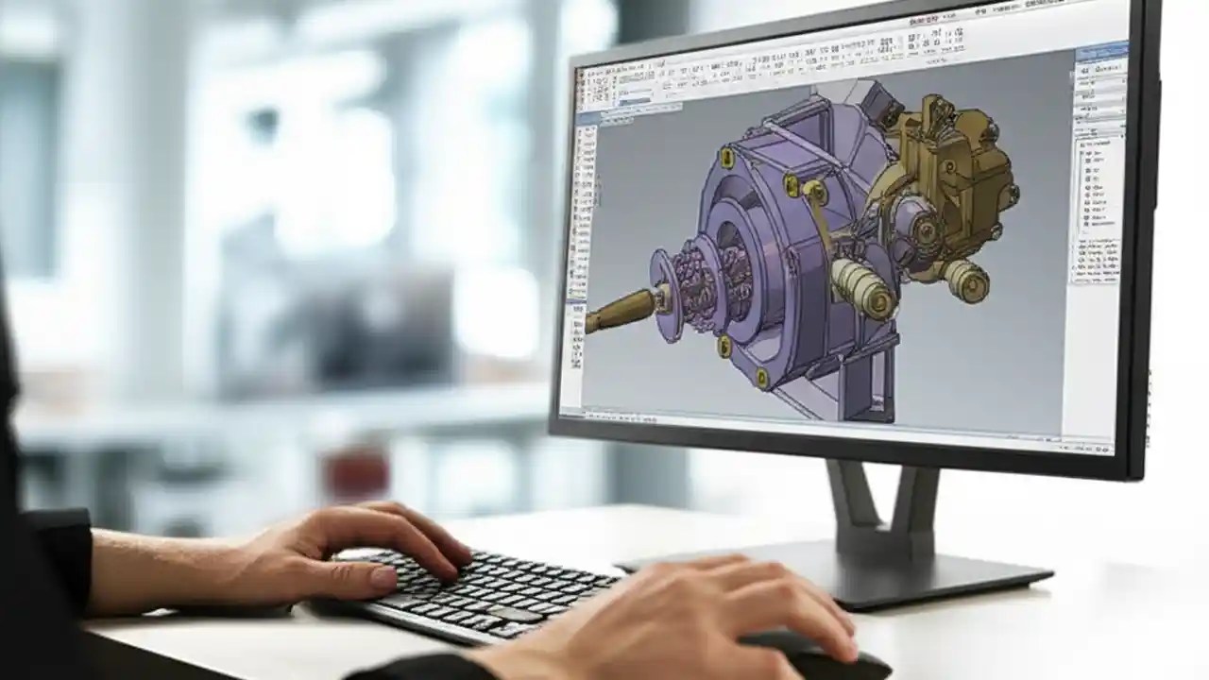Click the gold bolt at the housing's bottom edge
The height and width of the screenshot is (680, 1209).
761,378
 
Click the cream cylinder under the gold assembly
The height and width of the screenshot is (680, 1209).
964,279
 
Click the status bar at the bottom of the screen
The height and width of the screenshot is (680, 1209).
831,430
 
